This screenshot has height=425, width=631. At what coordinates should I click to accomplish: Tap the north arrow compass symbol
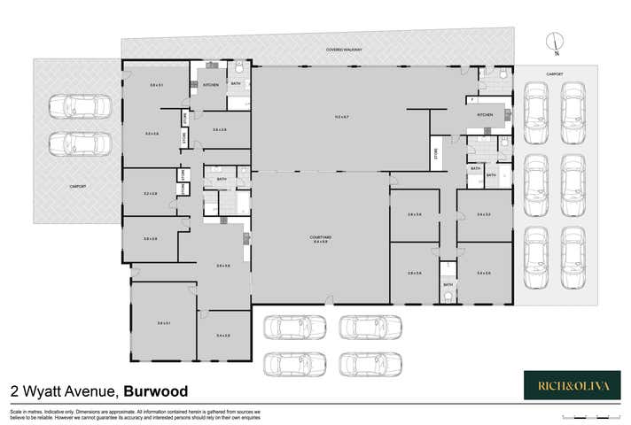[x=553, y=40]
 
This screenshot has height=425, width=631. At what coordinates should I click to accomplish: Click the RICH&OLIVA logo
[x=572, y=384]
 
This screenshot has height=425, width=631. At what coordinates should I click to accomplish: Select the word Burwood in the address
[x=155, y=391]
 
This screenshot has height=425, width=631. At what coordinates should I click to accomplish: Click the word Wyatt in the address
[x=43, y=391]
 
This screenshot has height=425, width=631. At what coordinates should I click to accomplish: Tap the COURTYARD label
[x=320, y=236]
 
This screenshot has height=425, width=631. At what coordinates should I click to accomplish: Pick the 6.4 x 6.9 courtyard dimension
[x=320, y=242]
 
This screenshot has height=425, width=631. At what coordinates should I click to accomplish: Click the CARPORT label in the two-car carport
[x=78, y=186]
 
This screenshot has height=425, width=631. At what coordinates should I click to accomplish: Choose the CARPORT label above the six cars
[x=555, y=73]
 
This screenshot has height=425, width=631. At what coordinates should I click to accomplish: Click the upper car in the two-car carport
[x=81, y=106]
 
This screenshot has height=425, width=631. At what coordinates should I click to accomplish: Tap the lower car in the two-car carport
[x=81, y=143]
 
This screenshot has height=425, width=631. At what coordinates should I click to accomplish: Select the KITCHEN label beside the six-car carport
[x=485, y=115]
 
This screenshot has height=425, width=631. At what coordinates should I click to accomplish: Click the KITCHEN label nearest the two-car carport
[x=211, y=85]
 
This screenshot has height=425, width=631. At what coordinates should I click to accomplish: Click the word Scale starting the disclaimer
[x=15, y=412]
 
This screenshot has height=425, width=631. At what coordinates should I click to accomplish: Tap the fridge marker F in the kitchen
[x=473, y=101]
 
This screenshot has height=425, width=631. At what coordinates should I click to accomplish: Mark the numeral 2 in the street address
[x=14, y=391]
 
